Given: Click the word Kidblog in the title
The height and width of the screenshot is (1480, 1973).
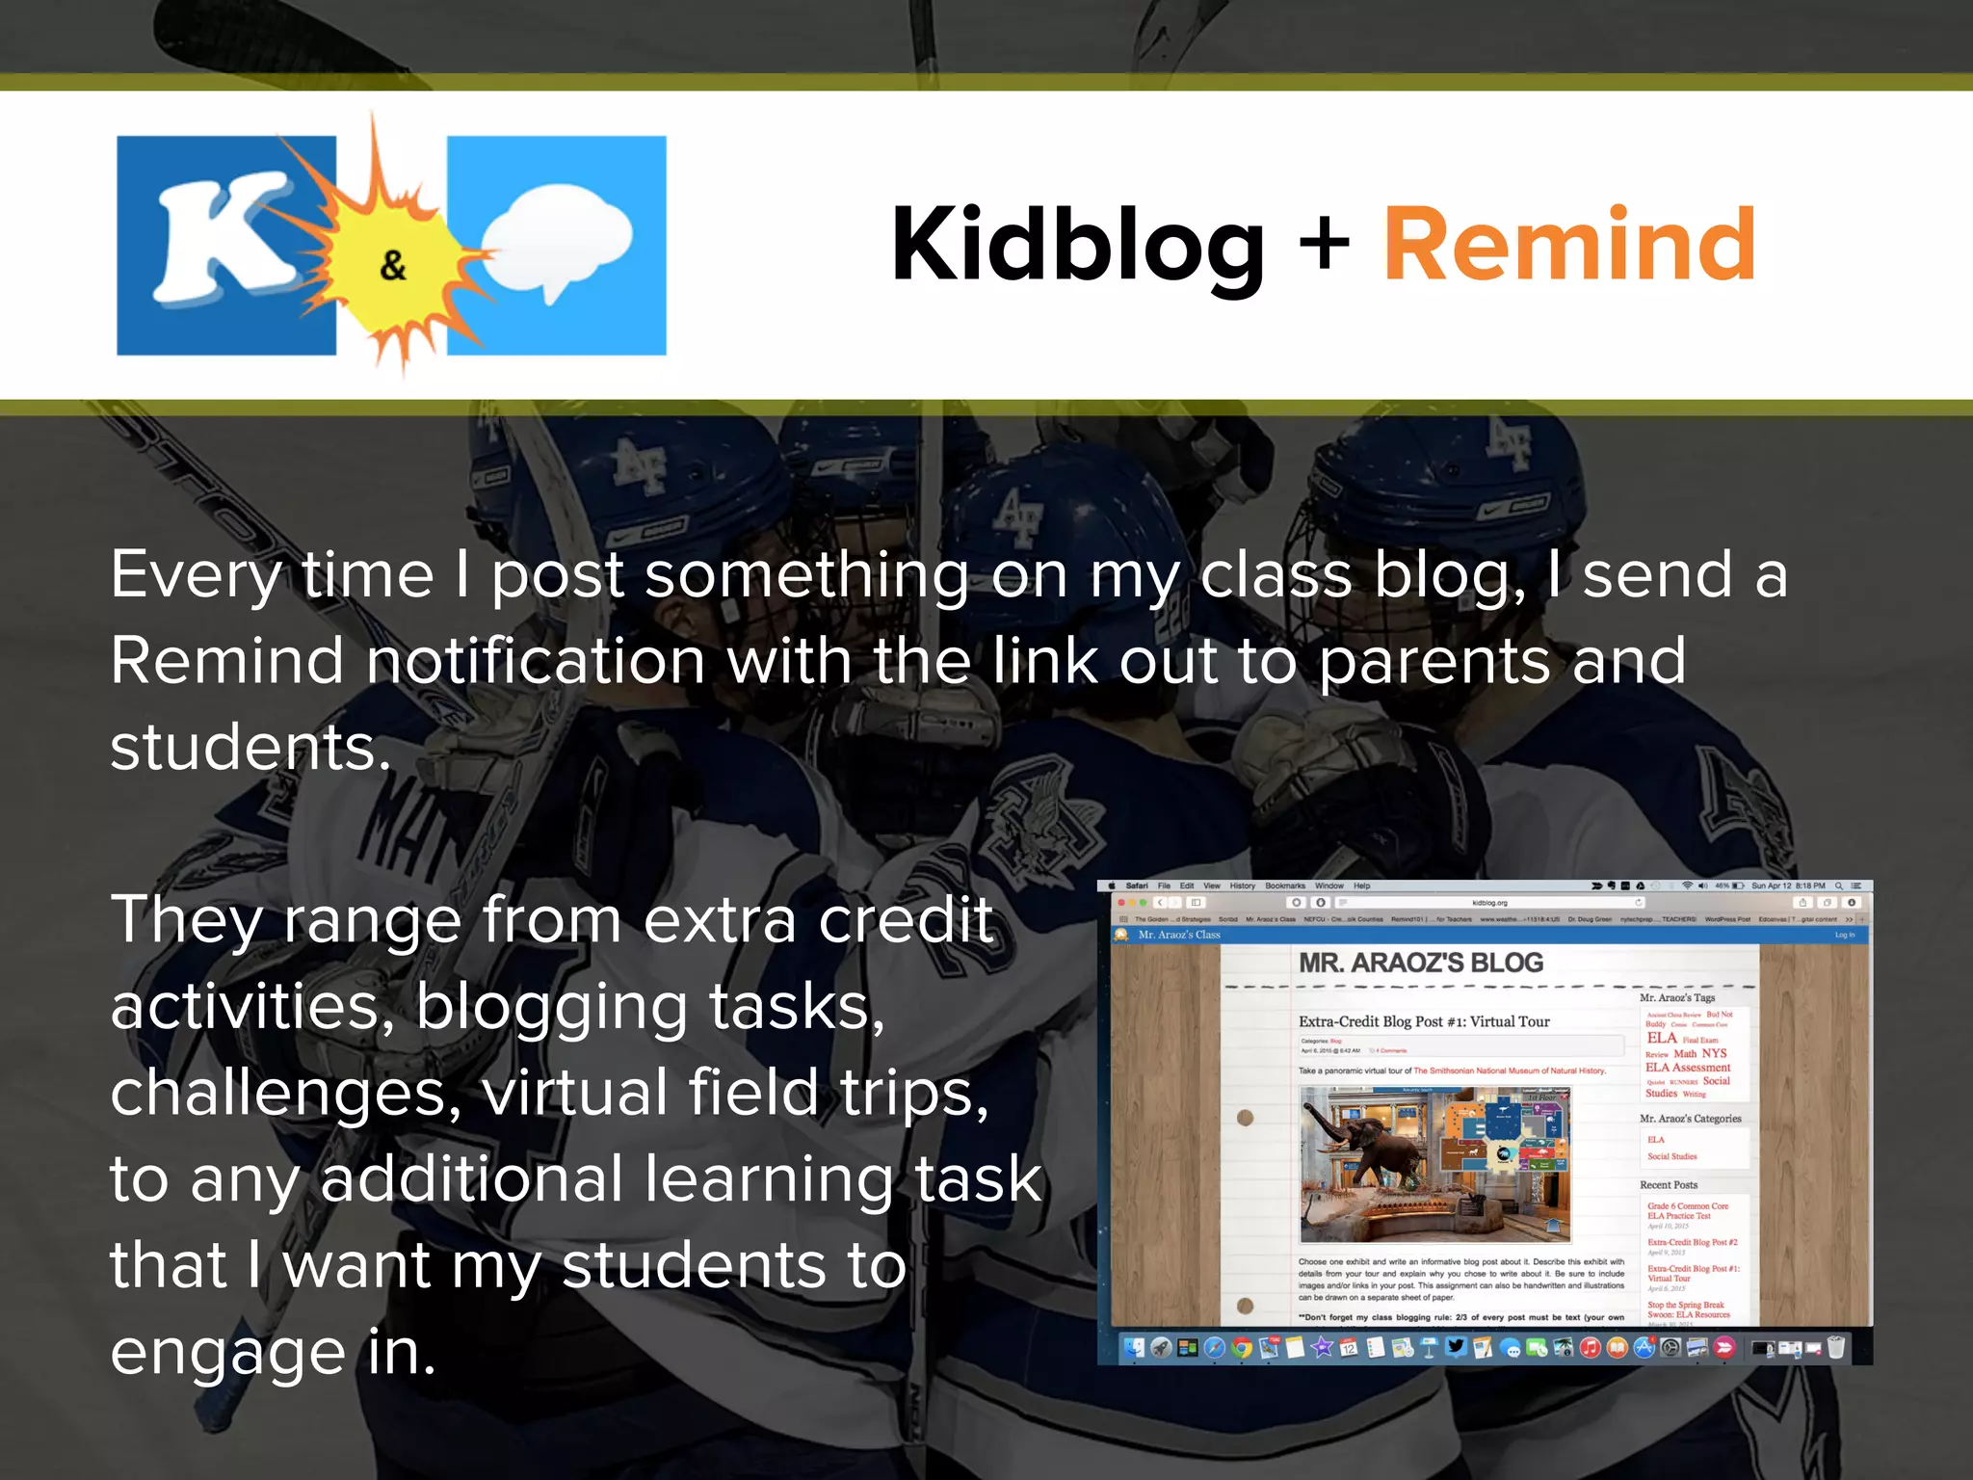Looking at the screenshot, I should point(1077,247).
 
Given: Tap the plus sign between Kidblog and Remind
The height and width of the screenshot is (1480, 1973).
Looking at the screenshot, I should point(1324,243).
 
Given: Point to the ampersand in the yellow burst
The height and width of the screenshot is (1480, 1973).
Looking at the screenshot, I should point(392,265).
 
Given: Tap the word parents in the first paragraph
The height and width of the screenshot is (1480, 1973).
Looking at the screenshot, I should point(1434,663).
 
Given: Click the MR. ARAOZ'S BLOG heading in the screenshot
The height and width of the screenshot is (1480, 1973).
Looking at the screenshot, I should point(1420,963).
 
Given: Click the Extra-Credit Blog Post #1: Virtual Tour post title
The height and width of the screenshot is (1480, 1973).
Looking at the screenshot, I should point(1424,1021).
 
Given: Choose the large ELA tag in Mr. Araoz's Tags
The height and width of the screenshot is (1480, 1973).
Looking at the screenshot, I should point(1662,1038).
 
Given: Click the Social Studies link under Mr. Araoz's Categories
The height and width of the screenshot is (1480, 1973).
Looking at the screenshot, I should point(1671,1156).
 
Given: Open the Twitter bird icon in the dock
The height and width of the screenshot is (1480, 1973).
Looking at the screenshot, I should point(1456,1347).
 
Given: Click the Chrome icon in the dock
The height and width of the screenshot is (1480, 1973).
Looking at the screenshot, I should point(1242,1348).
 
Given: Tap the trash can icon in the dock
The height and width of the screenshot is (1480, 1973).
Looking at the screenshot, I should point(1836,1347).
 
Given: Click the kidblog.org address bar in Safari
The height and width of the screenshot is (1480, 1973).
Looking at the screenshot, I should point(1489,903).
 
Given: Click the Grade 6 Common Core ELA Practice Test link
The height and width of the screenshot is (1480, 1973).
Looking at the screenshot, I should point(1687,1210).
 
